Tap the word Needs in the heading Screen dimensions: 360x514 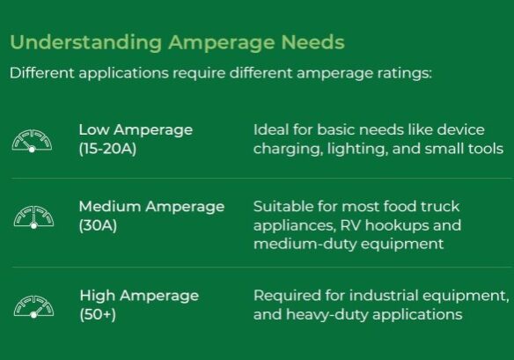click(312, 42)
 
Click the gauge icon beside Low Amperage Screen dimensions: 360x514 click(32, 140)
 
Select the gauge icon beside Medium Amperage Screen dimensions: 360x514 click(32, 217)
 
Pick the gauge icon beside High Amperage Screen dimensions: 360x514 click(32, 305)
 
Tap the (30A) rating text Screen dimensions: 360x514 click(98, 226)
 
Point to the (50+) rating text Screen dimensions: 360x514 click(98, 314)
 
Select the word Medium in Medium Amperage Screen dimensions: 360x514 click(108, 207)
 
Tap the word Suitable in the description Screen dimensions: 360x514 click(283, 207)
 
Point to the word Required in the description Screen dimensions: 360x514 click(284, 296)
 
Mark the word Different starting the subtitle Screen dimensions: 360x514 click(41, 72)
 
